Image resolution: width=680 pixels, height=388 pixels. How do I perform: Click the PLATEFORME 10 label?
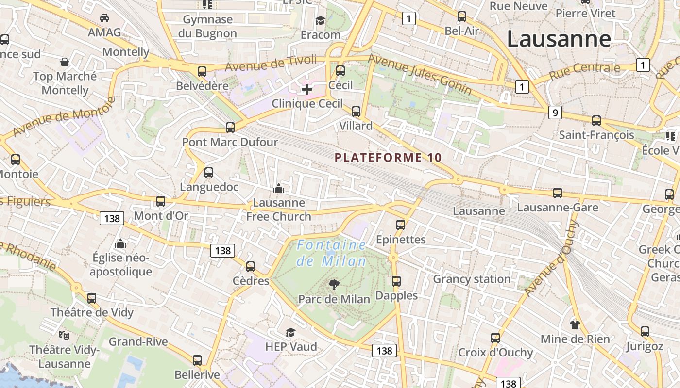click(389, 158)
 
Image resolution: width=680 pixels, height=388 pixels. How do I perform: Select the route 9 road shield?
click(555, 113)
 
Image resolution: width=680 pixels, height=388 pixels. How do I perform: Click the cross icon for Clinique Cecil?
click(307, 89)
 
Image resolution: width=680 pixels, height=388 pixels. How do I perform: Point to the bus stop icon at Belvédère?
click(202, 72)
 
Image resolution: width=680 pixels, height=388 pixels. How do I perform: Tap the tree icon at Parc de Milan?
click(334, 284)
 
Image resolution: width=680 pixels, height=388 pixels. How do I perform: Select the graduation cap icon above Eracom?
click(320, 20)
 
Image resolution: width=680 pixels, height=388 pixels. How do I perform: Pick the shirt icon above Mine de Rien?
click(575, 324)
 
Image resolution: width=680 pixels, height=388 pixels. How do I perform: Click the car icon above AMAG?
click(104, 18)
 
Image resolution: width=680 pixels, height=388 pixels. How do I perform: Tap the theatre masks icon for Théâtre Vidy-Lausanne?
click(64, 335)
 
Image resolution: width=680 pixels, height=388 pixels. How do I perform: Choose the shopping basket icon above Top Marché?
click(65, 62)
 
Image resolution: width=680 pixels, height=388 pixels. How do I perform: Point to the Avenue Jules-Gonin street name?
click(420, 74)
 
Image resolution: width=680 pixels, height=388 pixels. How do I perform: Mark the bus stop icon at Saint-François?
click(596, 121)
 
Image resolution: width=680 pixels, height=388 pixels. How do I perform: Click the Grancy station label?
click(472, 279)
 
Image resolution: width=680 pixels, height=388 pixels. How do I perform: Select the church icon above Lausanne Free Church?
click(279, 188)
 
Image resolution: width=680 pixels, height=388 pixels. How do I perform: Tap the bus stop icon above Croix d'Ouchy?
click(495, 338)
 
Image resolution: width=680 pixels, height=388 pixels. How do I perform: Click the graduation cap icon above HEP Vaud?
click(290, 332)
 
